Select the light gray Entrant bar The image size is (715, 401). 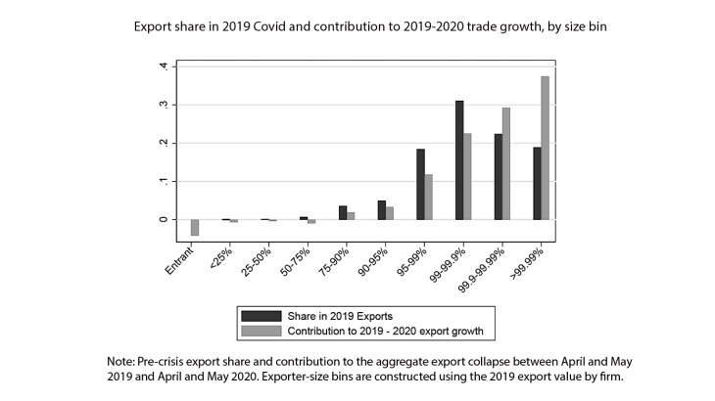195,228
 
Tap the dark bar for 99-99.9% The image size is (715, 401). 459,160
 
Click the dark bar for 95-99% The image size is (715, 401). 420,184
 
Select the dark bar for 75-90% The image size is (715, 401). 343,212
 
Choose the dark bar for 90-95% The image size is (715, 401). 382,210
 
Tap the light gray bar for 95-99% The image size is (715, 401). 429,197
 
